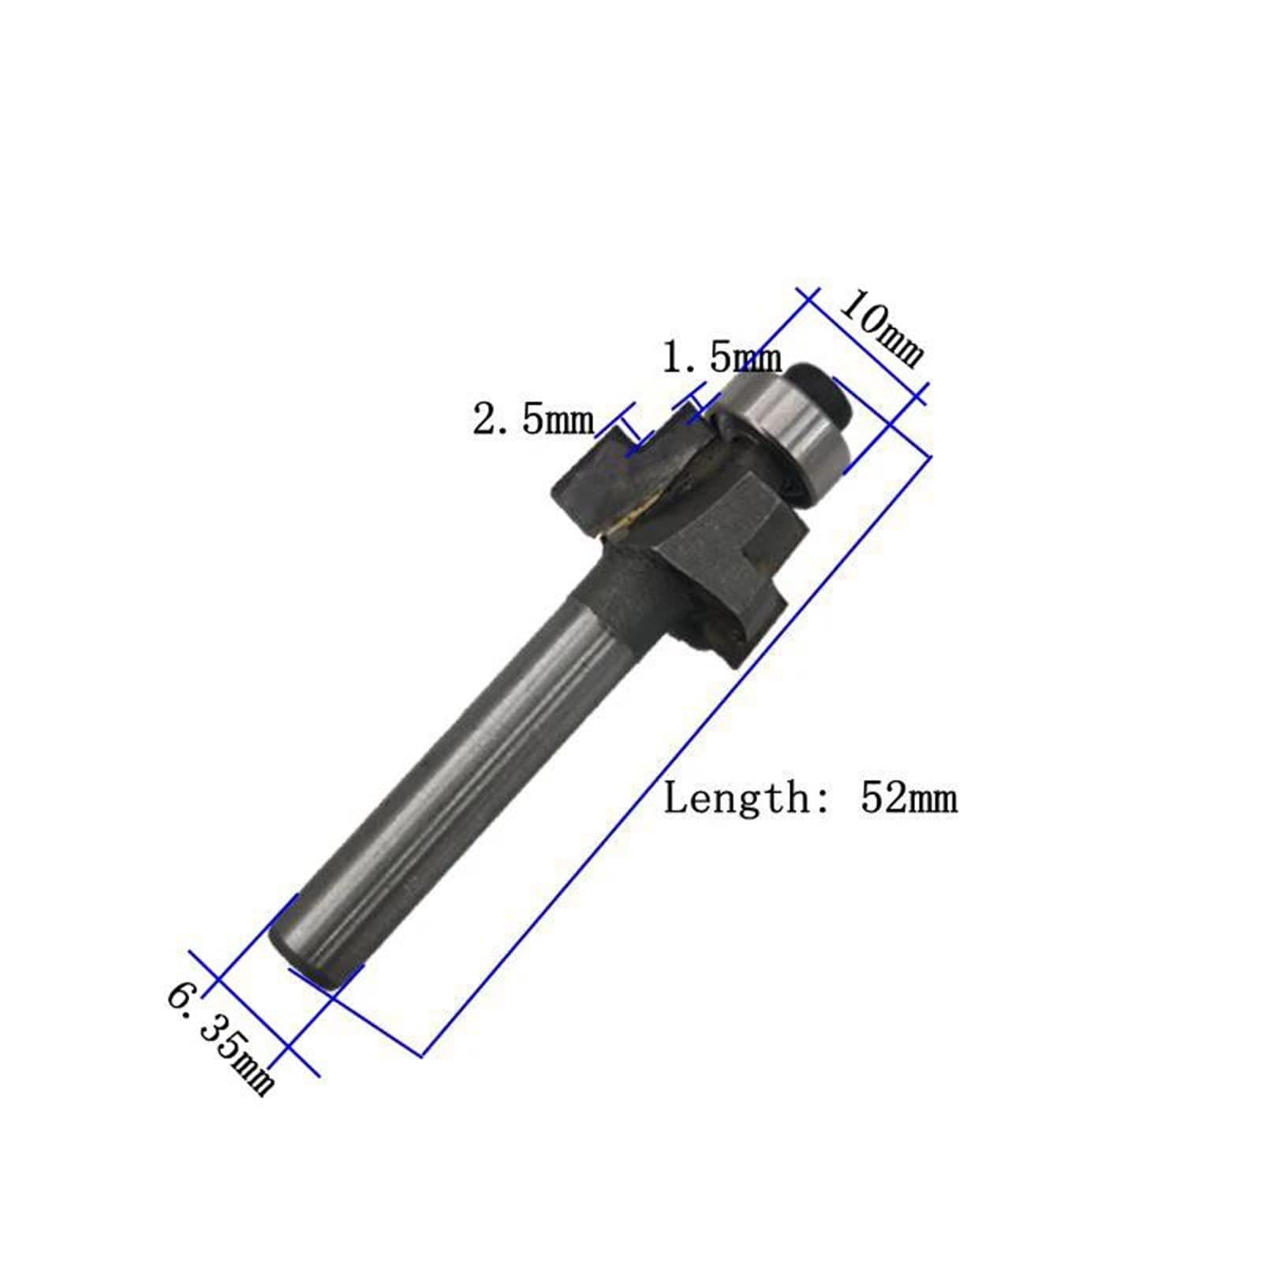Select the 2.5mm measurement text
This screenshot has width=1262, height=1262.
tap(533, 419)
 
